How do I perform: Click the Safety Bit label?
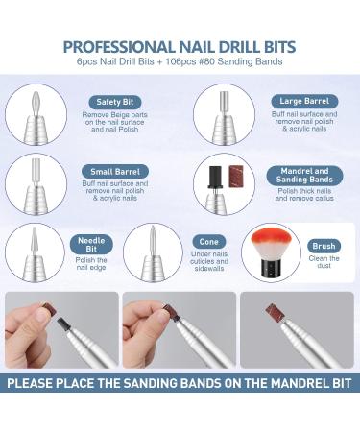(x=114, y=102)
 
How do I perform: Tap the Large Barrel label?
(x=304, y=102)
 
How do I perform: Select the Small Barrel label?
(x=115, y=172)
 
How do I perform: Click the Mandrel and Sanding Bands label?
(x=304, y=176)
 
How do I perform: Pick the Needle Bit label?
(x=91, y=245)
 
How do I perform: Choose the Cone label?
(x=209, y=242)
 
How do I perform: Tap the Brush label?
(x=324, y=247)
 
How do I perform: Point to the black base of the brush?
(x=272, y=269)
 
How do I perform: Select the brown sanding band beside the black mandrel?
(x=236, y=177)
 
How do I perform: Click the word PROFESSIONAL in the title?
(x=119, y=47)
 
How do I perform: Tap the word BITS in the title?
(x=278, y=47)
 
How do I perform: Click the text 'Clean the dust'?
(x=324, y=262)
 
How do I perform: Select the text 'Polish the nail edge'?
(x=91, y=264)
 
